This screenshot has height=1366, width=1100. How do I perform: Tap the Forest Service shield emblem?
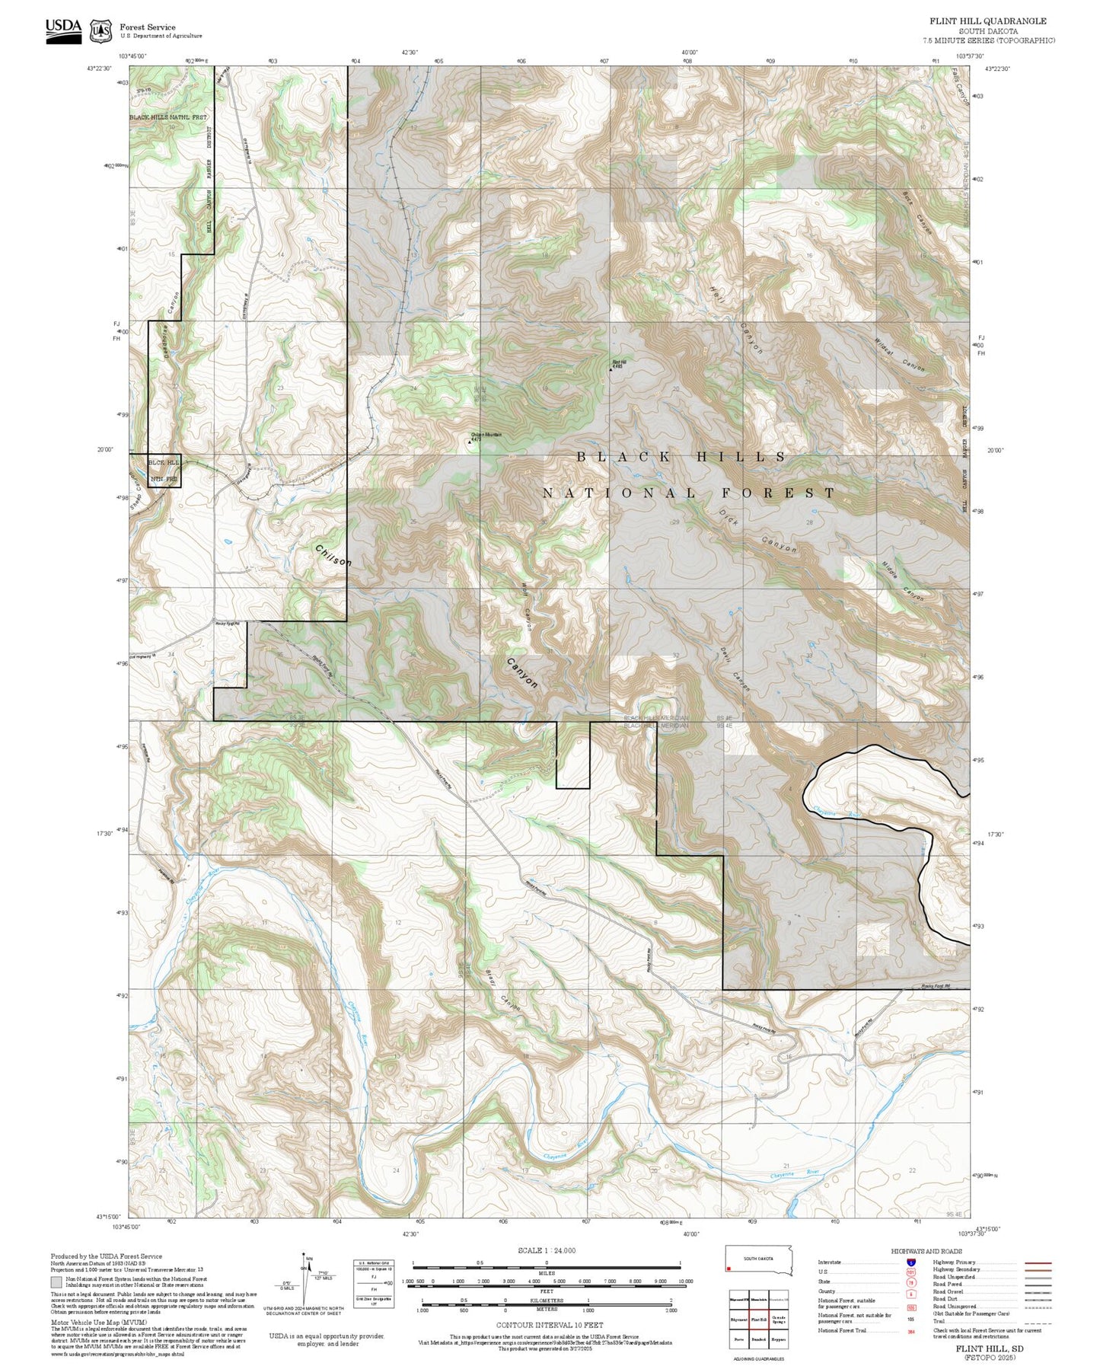(100, 31)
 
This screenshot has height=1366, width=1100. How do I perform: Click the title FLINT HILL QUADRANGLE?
(987, 21)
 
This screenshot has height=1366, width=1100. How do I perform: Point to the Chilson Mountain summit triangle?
(469, 440)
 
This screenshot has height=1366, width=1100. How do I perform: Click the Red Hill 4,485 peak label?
(618, 363)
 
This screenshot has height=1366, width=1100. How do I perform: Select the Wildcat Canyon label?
(900, 355)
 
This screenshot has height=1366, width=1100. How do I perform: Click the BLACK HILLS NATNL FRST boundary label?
(167, 117)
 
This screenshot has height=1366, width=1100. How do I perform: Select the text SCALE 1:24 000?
(546, 1250)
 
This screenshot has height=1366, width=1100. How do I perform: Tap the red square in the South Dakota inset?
(729, 1269)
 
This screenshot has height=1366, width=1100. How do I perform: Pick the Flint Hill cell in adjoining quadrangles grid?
(758, 1320)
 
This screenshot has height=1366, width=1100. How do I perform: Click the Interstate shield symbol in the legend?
(910, 1262)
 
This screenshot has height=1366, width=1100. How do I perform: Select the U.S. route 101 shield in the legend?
(910, 1272)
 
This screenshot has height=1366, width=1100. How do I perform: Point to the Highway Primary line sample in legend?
(1038, 1262)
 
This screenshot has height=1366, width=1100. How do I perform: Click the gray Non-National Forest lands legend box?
(56, 1282)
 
